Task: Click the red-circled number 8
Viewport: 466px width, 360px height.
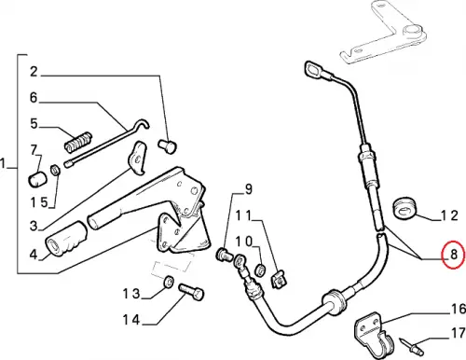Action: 454,255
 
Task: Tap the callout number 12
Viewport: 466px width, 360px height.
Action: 450,215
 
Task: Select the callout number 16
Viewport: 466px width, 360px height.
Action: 459,309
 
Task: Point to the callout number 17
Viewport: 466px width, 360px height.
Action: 459,333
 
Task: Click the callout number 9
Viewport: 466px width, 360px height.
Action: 249,189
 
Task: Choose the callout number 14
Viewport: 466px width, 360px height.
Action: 131,320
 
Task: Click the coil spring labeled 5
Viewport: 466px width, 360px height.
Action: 78,142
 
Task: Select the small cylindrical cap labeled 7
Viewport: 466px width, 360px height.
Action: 37,180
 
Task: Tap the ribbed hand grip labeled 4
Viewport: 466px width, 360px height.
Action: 66,239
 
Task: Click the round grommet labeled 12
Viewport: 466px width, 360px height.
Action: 404,207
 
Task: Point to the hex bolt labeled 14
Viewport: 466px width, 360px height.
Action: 191,291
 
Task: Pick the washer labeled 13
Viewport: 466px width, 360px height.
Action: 169,282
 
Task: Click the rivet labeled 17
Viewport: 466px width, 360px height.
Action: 412,345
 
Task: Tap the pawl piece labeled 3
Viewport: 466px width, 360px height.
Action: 138,158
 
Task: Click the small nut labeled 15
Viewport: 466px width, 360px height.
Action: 55,170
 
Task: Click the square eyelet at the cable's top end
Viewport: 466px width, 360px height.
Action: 313,70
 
